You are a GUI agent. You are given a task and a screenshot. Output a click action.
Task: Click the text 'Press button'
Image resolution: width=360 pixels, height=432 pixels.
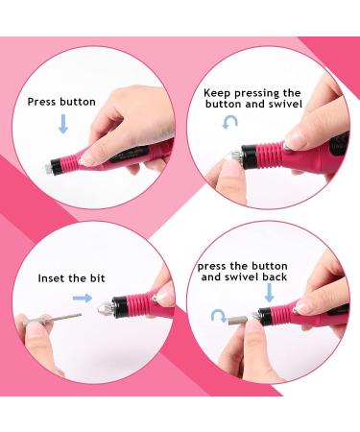[62, 101]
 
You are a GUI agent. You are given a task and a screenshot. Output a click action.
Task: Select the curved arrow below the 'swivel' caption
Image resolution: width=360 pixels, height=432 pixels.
[227, 123]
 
